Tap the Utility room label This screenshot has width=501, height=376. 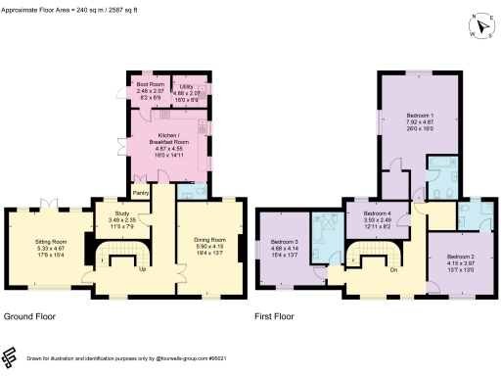pyautogui.click(x=186, y=84)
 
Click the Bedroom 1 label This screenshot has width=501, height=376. pyautogui.click(x=420, y=116)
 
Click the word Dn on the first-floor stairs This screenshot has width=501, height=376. pyautogui.click(x=392, y=269)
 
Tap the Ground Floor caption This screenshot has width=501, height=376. pyautogui.click(x=29, y=317)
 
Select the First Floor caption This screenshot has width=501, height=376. pyautogui.click(x=277, y=317)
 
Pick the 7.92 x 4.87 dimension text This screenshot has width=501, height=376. pyautogui.click(x=420, y=122)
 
